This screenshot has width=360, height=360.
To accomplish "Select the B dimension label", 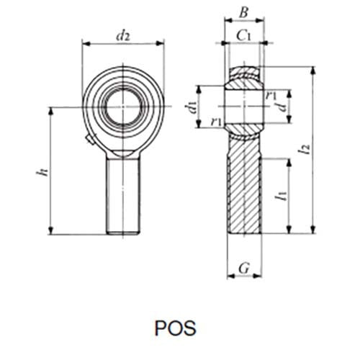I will coord(243,12).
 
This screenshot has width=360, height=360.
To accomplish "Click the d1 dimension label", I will coord(191,108).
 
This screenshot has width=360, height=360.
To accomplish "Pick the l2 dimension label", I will coord(307,150).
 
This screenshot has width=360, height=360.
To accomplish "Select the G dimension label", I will coord(243,269).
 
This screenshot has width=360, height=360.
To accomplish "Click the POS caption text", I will coord(175,327).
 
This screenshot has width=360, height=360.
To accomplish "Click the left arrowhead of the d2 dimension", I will coord(85,43).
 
